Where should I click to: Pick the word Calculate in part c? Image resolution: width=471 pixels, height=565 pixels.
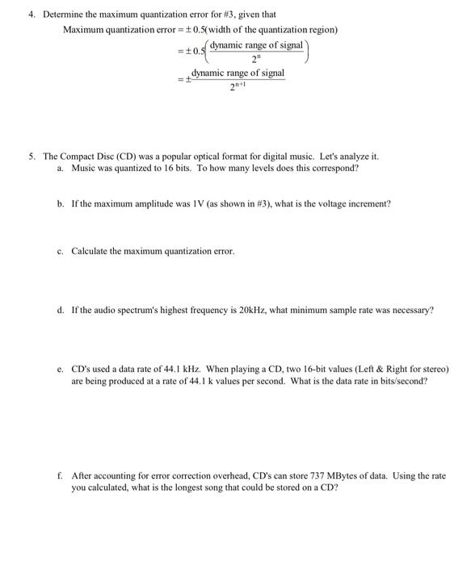(90, 251)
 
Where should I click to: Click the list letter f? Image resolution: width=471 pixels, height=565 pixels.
(60, 476)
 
